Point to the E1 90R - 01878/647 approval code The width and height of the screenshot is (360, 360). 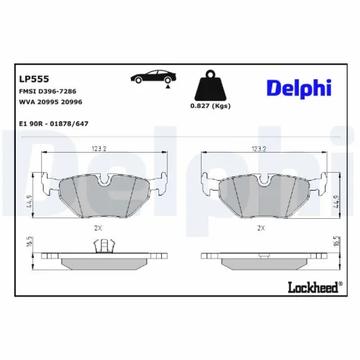[x=53, y=124]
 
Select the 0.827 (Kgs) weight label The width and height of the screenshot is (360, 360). [x=210, y=107]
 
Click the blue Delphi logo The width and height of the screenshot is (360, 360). [x=298, y=88]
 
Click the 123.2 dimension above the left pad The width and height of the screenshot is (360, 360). [x=99, y=149]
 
